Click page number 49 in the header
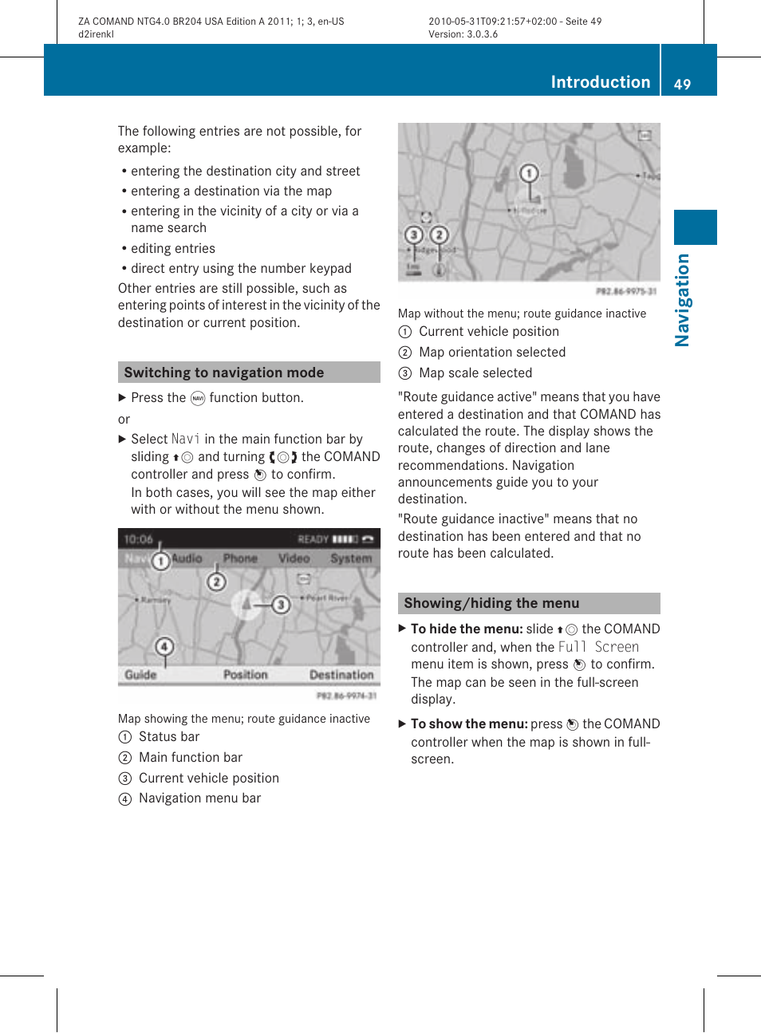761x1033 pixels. pyautogui.click(x=682, y=84)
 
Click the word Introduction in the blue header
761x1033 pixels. pyautogui.click(x=600, y=82)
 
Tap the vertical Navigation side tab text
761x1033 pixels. pyautogui.click(x=682, y=300)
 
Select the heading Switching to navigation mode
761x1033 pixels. pyautogui.click(x=223, y=373)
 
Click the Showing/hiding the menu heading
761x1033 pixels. pyautogui.click(x=491, y=603)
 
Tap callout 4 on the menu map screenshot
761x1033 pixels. pyautogui.click(x=164, y=646)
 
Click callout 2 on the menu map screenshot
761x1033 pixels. pyautogui.click(x=216, y=582)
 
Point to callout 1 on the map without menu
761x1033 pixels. pyautogui.click(x=529, y=173)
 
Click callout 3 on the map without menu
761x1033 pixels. pyautogui.click(x=413, y=235)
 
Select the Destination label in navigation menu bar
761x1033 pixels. pyautogui.click(x=341, y=675)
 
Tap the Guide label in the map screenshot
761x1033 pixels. pyautogui.click(x=140, y=675)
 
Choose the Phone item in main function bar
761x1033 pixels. pyautogui.click(x=240, y=558)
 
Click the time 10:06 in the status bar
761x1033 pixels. pyautogui.click(x=138, y=539)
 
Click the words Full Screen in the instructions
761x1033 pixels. pyautogui.click(x=598, y=647)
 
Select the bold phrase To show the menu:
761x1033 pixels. pyautogui.click(x=469, y=723)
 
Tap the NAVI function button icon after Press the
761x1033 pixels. pyautogui.click(x=198, y=398)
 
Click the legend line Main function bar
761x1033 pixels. pyautogui.click(x=190, y=757)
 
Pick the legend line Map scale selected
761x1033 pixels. pyautogui.click(x=475, y=373)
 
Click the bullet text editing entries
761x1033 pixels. pyautogui.click(x=173, y=248)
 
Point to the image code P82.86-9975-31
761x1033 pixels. pyautogui.click(x=626, y=292)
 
